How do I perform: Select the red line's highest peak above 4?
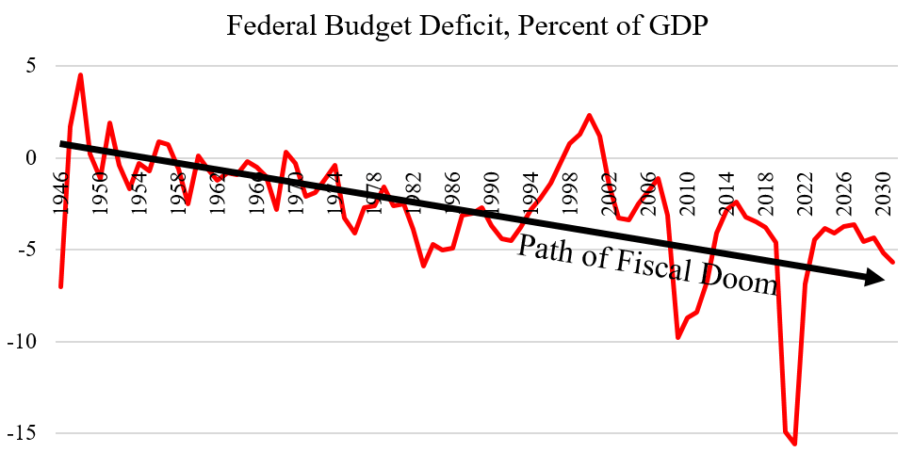[x=81, y=75]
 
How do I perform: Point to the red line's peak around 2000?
[x=589, y=116]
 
